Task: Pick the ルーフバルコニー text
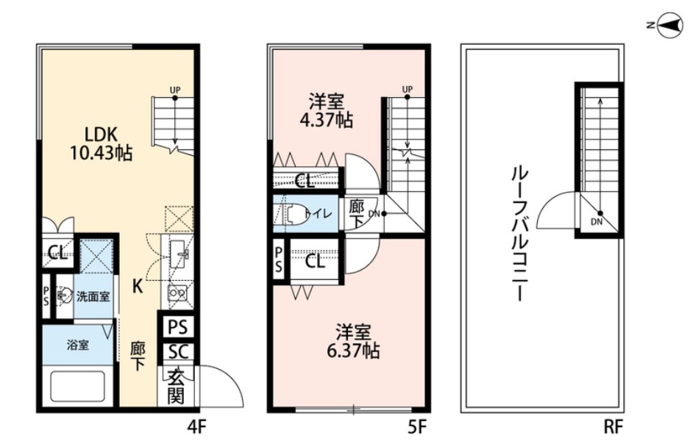[517, 234]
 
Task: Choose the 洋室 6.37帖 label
[352, 342]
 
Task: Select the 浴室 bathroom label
[79, 344]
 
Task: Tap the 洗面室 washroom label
[93, 296]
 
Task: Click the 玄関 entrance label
[176, 387]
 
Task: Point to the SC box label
[177, 351]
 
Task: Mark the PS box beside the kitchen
[177, 326]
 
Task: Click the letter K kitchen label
[137, 286]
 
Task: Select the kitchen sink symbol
[177, 257]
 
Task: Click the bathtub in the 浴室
[80, 387]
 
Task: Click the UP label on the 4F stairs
[175, 90]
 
